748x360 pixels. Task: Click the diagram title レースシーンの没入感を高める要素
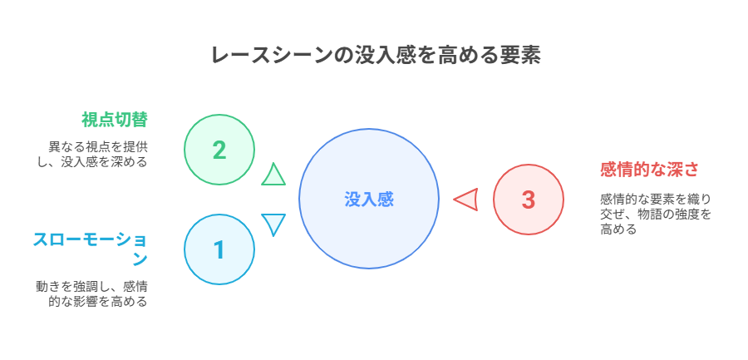tap(376, 56)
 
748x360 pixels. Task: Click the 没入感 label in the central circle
tap(369, 199)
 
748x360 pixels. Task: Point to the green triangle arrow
tap(273, 175)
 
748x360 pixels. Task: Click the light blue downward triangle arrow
tap(273, 224)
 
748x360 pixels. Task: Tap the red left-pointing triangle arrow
tap(465, 200)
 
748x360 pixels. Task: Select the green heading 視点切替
tap(115, 120)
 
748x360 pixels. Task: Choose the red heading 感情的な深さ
tap(649, 170)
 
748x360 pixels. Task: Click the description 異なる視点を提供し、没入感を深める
tap(92, 154)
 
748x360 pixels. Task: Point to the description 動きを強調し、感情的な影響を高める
tap(91, 294)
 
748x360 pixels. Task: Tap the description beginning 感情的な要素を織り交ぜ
tap(656, 214)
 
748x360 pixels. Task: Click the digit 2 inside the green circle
tap(219, 150)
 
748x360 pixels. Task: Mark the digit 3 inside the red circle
tap(529, 200)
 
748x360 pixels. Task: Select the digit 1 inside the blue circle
tap(219, 249)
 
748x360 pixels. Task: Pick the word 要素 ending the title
tap(521, 56)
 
